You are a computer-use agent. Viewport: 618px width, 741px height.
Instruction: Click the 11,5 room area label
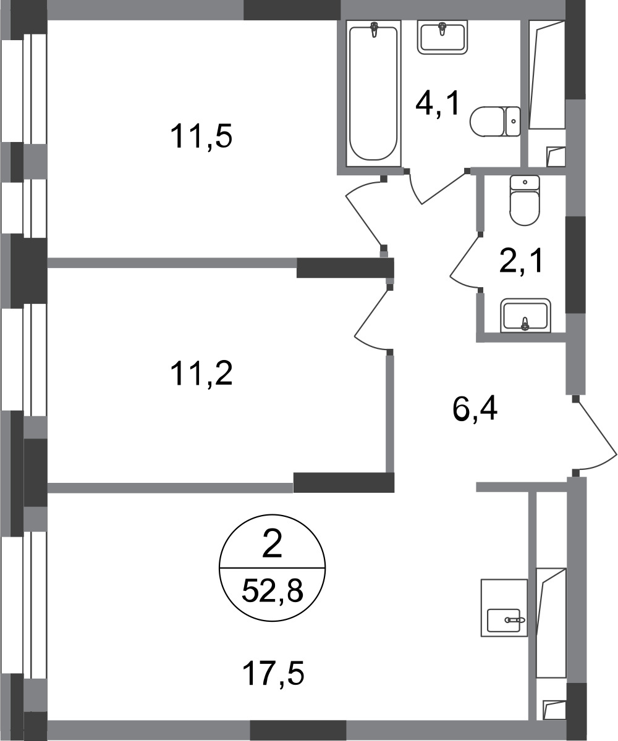pos(201,137)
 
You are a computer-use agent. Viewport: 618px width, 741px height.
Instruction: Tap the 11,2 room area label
pos(201,374)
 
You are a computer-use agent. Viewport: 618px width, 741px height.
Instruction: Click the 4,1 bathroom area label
pos(438,103)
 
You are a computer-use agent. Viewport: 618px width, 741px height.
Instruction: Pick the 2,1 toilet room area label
pos(521,261)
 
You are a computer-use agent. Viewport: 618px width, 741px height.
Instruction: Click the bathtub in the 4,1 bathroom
pos(373,94)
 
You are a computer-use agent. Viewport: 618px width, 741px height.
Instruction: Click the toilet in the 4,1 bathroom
pos(494,122)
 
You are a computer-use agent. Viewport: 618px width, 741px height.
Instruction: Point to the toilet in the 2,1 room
pos(525,201)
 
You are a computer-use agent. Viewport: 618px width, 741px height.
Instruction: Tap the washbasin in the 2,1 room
pos(525,316)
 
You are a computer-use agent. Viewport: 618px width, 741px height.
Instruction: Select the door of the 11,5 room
pos(366,213)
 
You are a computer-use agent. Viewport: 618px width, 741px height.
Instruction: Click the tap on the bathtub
pos(373,29)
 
